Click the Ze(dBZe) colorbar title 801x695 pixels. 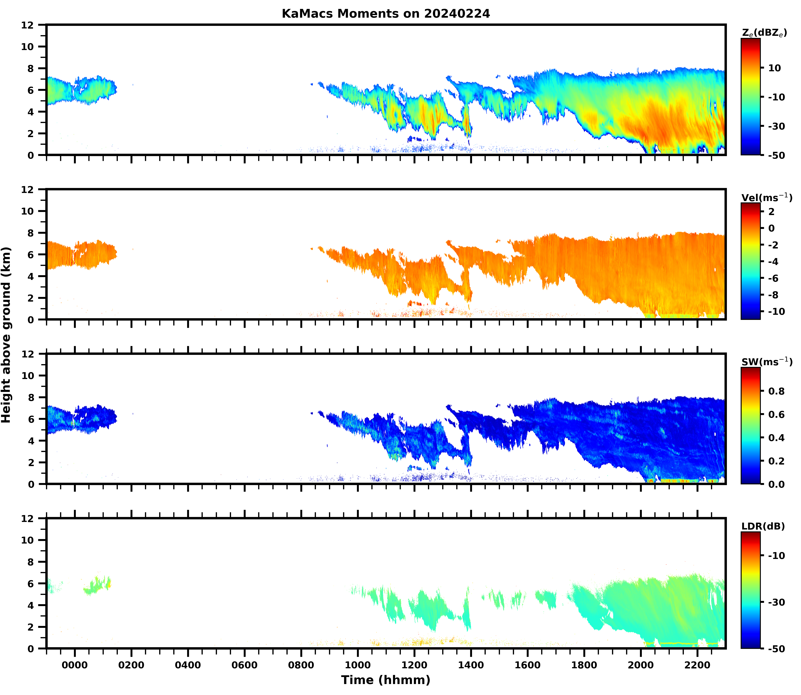[x=764, y=33]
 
